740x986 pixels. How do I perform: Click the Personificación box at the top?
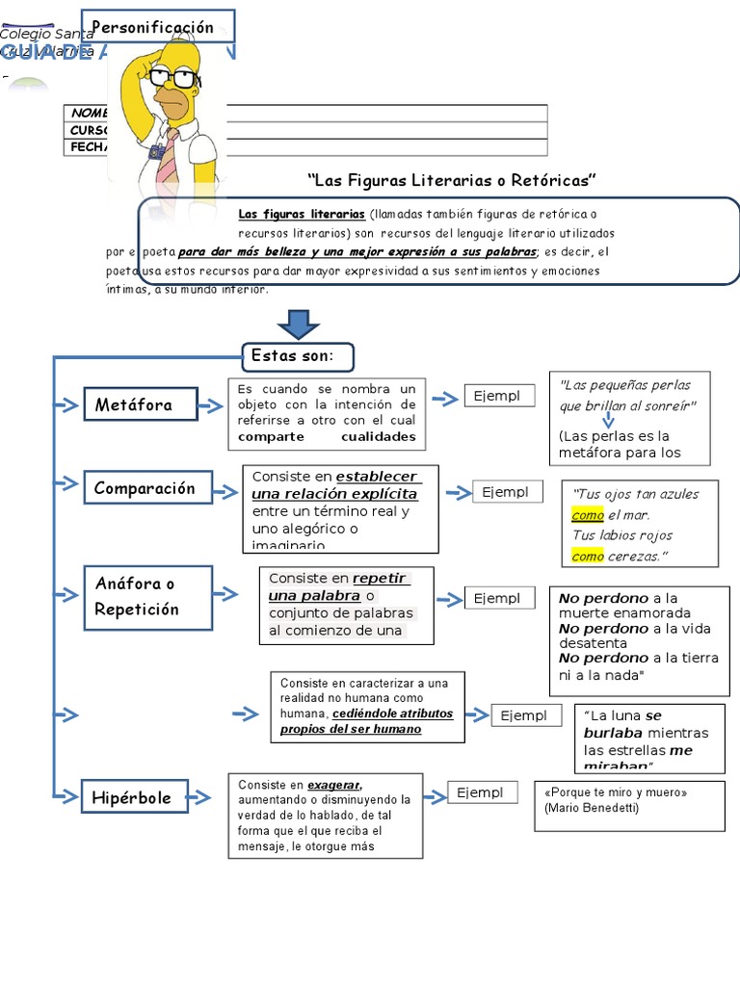[x=157, y=28]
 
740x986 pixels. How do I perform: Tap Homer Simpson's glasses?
[x=172, y=77]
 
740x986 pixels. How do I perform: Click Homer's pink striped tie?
[x=168, y=154]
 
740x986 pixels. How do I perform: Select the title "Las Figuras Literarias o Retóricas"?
[x=452, y=181]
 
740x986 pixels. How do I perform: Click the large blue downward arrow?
[x=298, y=324]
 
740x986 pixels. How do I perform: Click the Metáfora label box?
[x=140, y=405]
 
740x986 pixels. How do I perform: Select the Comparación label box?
[x=145, y=488]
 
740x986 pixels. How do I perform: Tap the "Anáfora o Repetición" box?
[x=147, y=597]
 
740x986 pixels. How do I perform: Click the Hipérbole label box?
[x=134, y=797]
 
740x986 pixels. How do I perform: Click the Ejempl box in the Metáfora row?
[x=499, y=396]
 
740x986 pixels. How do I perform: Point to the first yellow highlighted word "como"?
[x=588, y=515]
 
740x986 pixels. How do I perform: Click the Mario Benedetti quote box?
[x=629, y=805]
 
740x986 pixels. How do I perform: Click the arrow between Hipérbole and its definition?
[x=199, y=797]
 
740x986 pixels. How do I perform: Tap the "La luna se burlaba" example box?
[x=649, y=738]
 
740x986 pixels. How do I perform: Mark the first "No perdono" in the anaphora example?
[x=603, y=599]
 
